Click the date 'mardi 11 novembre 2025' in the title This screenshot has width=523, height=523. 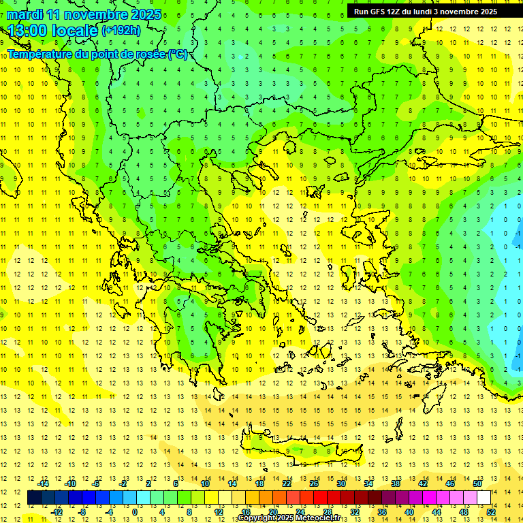click(84, 14)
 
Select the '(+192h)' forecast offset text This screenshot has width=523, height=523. click(121, 30)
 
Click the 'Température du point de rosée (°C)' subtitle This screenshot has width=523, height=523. click(97, 54)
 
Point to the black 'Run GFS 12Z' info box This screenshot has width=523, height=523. click(425, 11)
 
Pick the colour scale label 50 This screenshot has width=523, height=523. click(477, 484)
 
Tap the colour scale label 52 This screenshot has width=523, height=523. click(491, 511)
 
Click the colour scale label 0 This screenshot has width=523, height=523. click(134, 511)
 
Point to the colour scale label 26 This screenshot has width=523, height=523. click(314, 484)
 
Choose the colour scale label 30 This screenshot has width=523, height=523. click(341, 484)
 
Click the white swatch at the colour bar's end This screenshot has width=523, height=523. click(484, 497)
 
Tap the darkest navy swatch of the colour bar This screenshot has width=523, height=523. click(34, 497)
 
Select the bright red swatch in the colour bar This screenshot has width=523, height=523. click(320, 497)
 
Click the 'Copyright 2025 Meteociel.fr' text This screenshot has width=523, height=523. click(289, 519)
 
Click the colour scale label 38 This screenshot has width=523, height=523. click(396, 484)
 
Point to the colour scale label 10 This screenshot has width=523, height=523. click(204, 484)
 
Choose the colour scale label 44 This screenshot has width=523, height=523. click(437, 511)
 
